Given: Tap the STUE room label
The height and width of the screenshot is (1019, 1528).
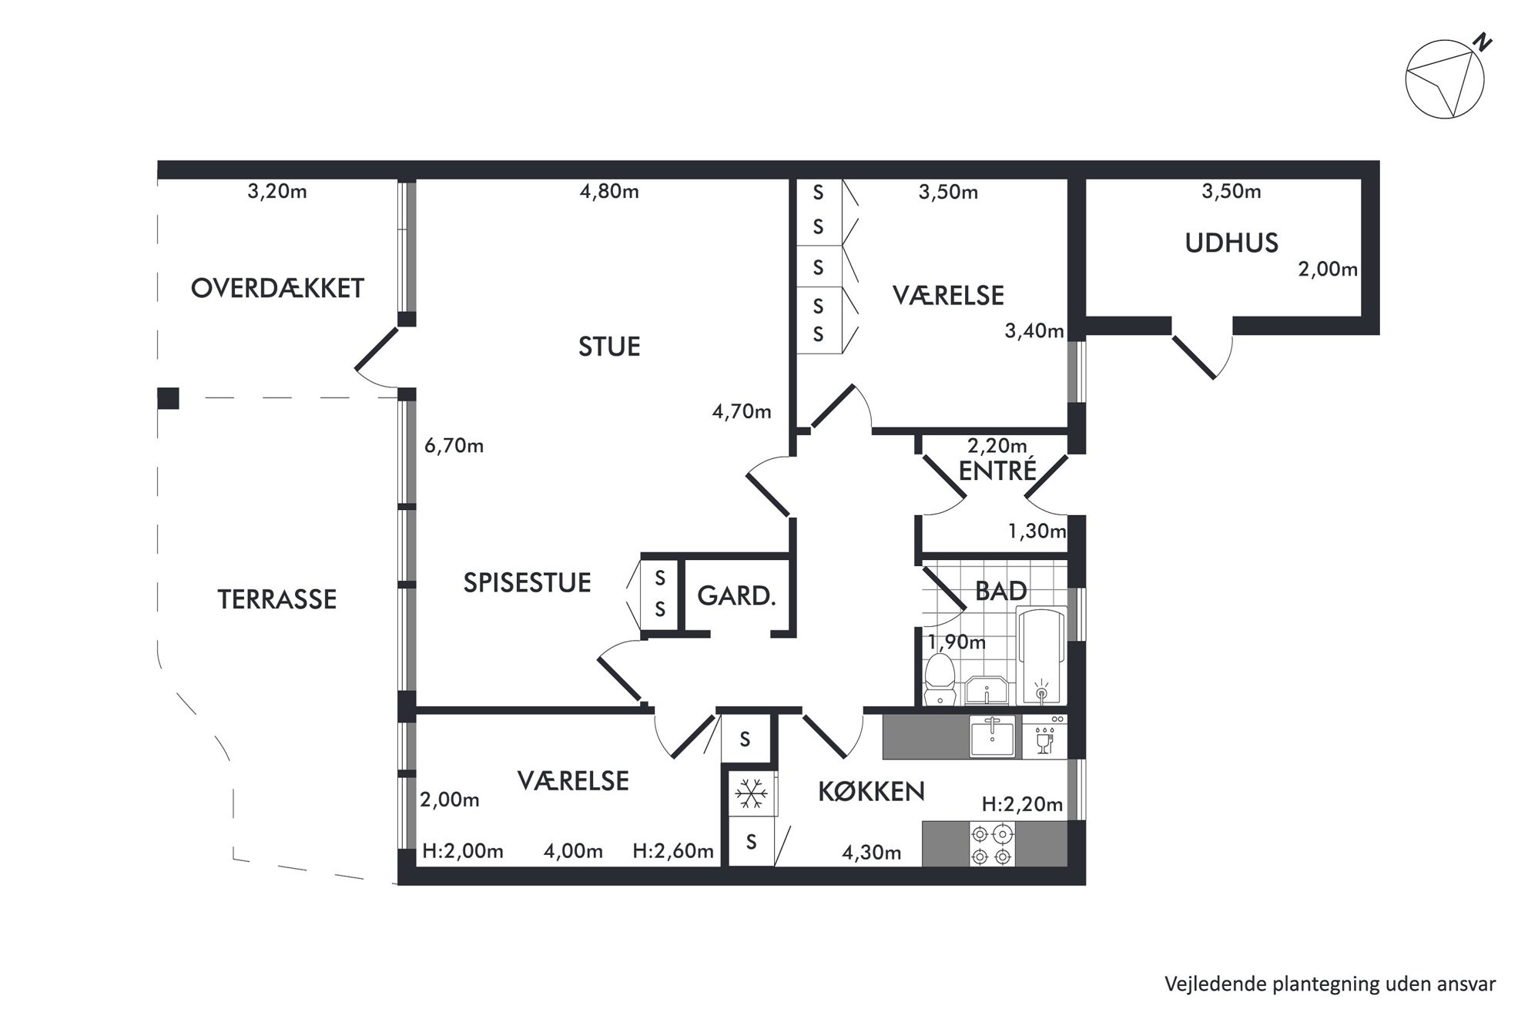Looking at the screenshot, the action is tap(609, 347).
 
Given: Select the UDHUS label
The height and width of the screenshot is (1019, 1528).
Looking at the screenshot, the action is tap(1231, 243).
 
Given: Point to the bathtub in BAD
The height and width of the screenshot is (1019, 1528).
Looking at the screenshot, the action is tap(1042, 655).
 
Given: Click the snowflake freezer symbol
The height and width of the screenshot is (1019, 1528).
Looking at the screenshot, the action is tap(750, 793).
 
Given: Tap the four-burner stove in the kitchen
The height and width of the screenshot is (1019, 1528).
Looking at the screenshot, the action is tap(991, 844).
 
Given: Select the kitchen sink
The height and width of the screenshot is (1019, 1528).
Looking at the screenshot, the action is tap(993, 736).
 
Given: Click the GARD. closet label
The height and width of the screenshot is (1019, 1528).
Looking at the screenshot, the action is tap(736, 595).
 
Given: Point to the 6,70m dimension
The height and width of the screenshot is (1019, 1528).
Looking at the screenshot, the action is tap(454, 446).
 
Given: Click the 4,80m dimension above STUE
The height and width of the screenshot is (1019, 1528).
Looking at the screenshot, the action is tap(609, 191).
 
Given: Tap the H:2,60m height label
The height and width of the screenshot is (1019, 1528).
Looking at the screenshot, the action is tap(673, 851).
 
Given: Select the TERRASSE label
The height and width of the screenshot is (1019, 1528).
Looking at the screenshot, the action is tap(277, 599).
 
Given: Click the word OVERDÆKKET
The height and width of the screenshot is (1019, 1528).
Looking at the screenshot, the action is tap(277, 288).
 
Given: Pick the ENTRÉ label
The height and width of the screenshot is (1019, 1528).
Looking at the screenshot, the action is tap(997, 470).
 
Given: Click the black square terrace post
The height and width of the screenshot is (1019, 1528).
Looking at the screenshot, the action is tap(168, 398).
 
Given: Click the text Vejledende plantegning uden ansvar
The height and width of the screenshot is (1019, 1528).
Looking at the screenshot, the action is tap(1330, 984).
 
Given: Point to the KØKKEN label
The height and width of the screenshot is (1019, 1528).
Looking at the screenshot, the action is tap(871, 792).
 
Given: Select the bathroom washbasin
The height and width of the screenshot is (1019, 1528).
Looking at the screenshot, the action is tap(986, 691).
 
